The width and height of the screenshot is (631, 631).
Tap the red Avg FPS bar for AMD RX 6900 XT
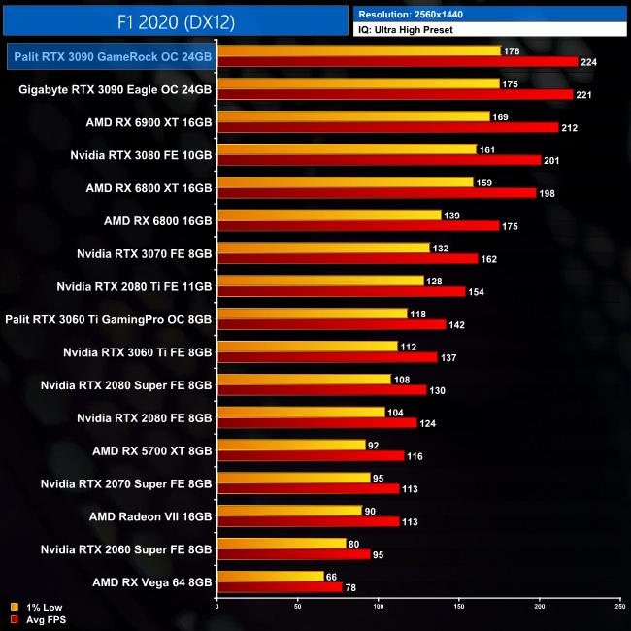click(x=388, y=127)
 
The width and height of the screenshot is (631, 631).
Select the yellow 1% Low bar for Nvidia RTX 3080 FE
click(x=347, y=149)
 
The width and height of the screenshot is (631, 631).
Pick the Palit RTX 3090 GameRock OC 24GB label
click(x=110, y=57)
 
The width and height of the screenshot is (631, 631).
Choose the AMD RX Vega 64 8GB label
click(x=151, y=581)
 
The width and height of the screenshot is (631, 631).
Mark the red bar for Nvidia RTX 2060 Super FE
click(x=294, y=554)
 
